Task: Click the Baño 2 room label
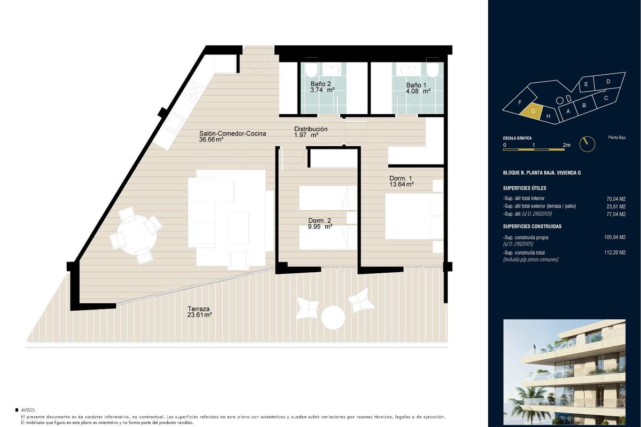pos(320,84)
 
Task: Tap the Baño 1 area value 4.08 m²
pos(418,91)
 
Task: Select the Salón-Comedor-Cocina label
pos(232,133)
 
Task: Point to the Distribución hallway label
pos(311,129)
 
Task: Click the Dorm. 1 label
pos(401,178)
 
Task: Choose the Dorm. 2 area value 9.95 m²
pos(320,227)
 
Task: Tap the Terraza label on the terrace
pos(198,309)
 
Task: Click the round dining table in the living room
pos(137,235)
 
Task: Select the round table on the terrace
pos(333,318)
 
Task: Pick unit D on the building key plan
pos(608,82)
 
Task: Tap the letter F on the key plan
pos(520,102)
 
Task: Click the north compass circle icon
pos(587,144)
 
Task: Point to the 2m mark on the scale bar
pos(566,145)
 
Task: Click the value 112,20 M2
pos(615,252)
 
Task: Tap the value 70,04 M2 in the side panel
pos(616,199)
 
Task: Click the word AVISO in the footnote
pos(28,410)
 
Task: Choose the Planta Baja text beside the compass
pos(616,138)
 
